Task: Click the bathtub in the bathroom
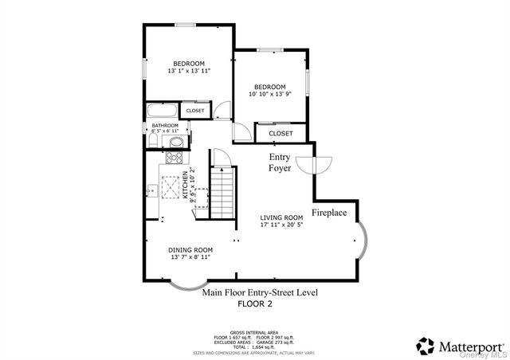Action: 162,111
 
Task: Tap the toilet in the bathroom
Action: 152,140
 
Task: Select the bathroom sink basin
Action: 177,143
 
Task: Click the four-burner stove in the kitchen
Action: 172,159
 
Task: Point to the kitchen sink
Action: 151,190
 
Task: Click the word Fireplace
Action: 328,213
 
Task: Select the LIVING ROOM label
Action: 282,217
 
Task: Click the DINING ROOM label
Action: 190,250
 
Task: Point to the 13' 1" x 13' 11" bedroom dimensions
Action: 190,71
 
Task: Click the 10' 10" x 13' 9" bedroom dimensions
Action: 269,94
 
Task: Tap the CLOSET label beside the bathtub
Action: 195,111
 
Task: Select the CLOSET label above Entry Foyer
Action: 280,133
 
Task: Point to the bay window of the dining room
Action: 188,284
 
